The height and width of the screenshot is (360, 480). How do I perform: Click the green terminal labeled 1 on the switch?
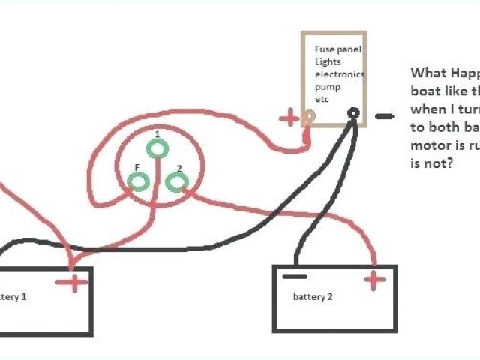pyautogui.click(x=157, y=149)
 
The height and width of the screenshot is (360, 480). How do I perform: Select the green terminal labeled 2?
pyautogui.click(x=175, y=181)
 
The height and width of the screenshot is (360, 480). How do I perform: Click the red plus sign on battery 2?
pyautogui.click(x=374, y=280)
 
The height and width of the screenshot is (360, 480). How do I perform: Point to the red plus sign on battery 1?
pyautogui.click(x=75, y=282)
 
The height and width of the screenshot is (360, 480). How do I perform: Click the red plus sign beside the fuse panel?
pyautogui.click(x=288, y=118)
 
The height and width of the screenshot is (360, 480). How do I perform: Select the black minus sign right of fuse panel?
pyautogui.click(x=384, y=116)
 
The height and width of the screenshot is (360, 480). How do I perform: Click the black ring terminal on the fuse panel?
pyautogui.click(x=353, y=114)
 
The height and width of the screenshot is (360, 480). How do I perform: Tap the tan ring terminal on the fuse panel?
pyautogui.click(x=308, y=116)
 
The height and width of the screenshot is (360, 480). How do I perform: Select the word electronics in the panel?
pyautogui.click(x=340, y=74)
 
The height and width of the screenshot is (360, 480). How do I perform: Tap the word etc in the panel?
pyautogui.click(x=322, y=99)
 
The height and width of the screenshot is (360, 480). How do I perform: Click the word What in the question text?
pyautogui.click(x=426, y=74)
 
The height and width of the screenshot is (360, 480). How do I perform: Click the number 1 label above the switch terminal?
pyautogui.click(x=157, y=133)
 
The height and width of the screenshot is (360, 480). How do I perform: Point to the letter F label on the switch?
pyautogui.click(x=136, y=167)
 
